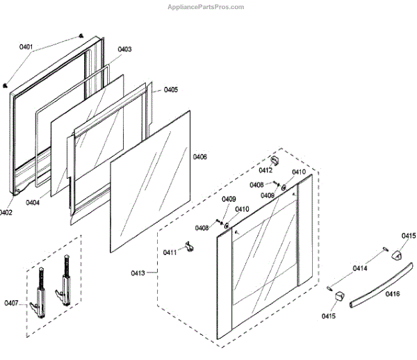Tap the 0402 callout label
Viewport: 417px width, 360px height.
[6, 213]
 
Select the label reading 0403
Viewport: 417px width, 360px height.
[124, 49]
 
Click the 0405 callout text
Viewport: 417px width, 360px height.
[170, 90]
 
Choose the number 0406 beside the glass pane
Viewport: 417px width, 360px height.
[199, 157]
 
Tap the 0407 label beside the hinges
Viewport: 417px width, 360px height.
[11, 303]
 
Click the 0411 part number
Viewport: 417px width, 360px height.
[170, 252]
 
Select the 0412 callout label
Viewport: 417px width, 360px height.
[265, 170]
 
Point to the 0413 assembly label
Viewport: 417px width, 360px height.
[138, 273]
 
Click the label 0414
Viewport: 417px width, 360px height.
[360, 268]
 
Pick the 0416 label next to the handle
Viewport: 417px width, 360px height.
[393, 295]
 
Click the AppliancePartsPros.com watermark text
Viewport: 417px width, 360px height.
[206, 7]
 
